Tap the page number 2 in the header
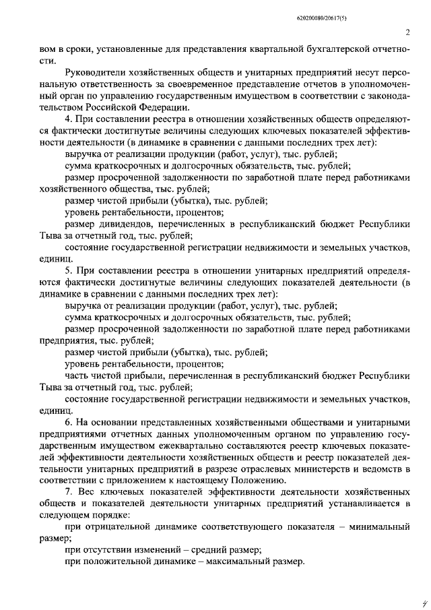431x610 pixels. point(408,32)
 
